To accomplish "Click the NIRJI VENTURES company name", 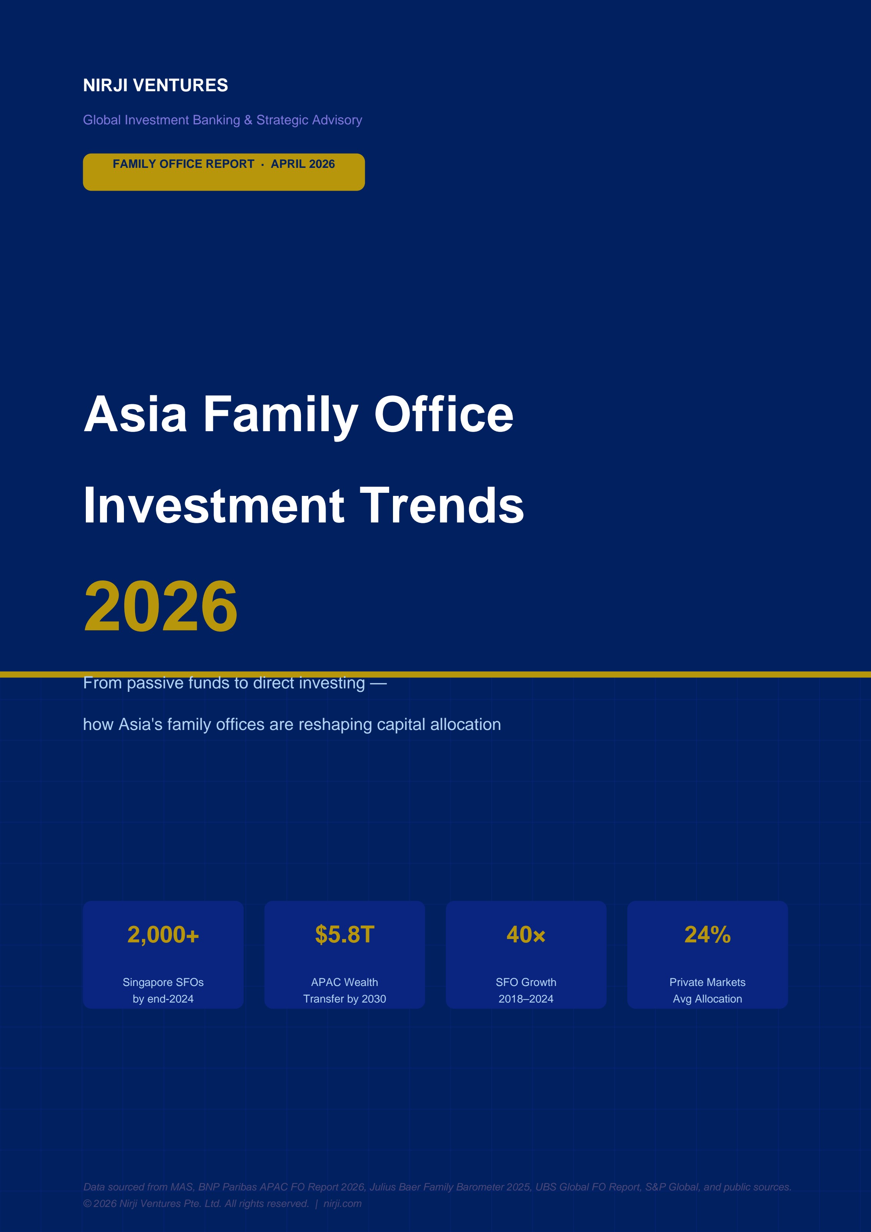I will point(155,85).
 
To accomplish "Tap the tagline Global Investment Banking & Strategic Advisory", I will point(222,120).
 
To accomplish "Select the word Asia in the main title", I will point(135,414).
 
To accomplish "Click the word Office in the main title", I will point(443,414).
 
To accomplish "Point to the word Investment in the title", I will point(214,506).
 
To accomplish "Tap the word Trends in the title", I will point(441,506).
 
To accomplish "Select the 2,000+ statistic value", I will point(163,935).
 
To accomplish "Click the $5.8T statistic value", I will point(344,935).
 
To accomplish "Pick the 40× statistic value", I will point(526,935).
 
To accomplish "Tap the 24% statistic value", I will point(707,935).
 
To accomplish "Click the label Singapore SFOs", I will point(163,982).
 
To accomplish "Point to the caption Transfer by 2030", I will point(344,999).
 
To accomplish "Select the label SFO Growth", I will point(526,982).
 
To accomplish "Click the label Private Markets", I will point(707,982).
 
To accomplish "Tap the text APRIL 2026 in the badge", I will point(303,164).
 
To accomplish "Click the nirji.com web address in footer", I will point(342,1204).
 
